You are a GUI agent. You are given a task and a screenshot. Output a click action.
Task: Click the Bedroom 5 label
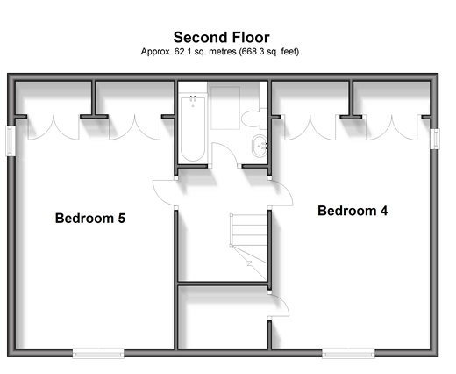90,219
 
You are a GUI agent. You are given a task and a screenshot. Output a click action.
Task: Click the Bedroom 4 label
353,211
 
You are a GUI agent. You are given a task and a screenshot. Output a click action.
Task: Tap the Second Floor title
221,38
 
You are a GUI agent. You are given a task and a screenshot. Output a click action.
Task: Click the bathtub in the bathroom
193,128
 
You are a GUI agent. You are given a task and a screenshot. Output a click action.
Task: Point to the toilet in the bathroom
254,119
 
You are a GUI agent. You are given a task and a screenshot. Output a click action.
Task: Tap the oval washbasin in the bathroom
260,146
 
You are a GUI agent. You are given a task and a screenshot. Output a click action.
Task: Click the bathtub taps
193,98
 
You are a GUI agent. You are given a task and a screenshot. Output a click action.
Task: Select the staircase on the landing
249,247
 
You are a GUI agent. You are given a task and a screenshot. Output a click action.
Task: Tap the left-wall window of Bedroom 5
11,140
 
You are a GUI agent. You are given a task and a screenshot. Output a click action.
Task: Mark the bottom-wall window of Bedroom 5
98,353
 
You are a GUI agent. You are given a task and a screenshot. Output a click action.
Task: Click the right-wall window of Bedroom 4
435,139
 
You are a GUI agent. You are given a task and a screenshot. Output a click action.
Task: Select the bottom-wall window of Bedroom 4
348,353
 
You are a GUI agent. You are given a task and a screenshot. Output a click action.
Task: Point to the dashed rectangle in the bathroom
225,108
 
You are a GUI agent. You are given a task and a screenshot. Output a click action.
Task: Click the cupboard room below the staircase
223,318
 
